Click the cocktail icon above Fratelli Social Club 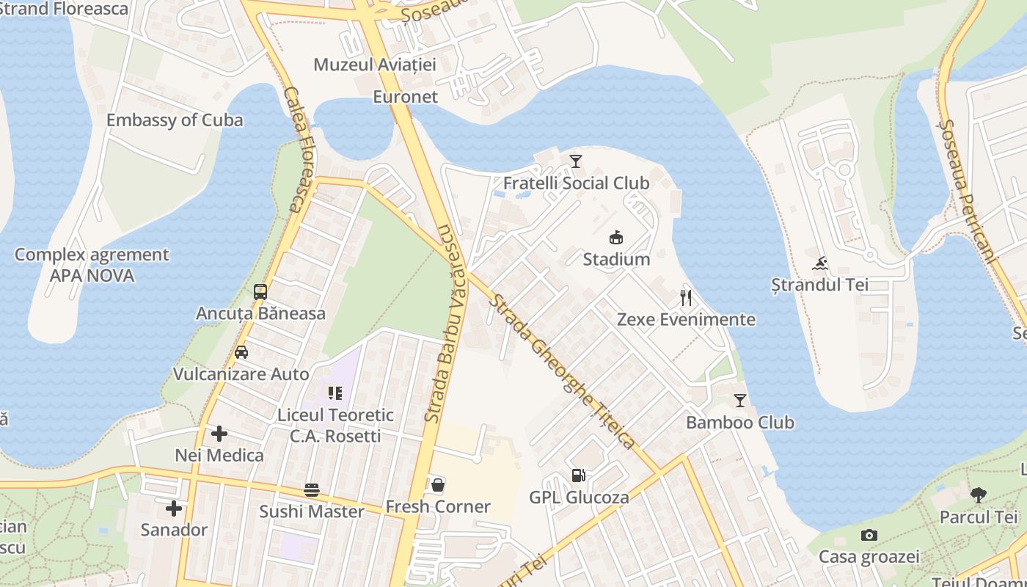[x=576, y=161]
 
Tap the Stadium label [x=616, y=259]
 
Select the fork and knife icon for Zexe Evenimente [x=686, y=297]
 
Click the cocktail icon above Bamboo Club [x=739, y=401]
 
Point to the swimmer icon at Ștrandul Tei [x=820, y=263]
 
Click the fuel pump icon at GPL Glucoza [x=579, y=475]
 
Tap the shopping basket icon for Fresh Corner [x=438, y=485]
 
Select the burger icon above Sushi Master [x=312, y=490]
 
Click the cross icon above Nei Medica [x=219, y=434]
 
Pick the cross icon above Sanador [x=174, y=508]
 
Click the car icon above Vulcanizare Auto [x=241, y=352]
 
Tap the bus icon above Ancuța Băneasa [x=260, y=291]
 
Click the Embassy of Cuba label [x=175, y=120]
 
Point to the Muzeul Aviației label [x=375, y=65]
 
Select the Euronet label [x=405, y=97]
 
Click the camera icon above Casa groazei [x=869, y=535]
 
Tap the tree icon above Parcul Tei [x=979, y=495]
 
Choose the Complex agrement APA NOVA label [x=92, y=265]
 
